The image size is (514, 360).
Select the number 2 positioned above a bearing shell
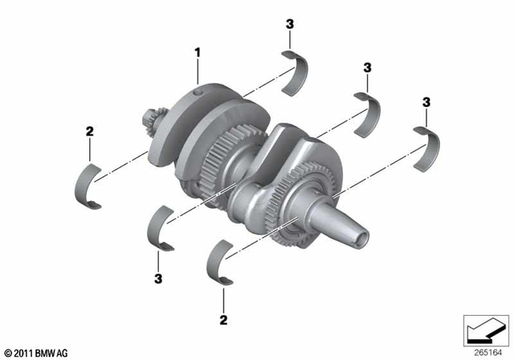(x=90, y=133)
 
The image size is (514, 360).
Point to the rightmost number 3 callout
(x=426, y=102)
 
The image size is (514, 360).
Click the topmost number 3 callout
(x=289, y=25)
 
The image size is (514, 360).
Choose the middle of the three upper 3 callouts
(x=366, y=67)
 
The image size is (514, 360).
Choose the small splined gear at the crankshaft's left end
(x=152, y=125)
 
